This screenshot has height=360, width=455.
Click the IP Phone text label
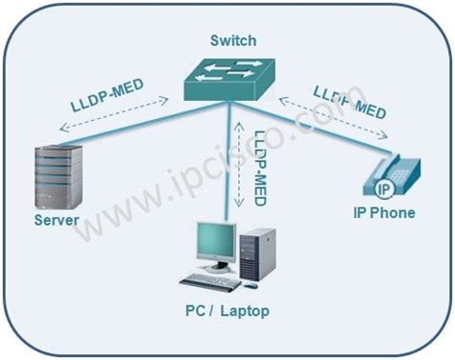[383, 213]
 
